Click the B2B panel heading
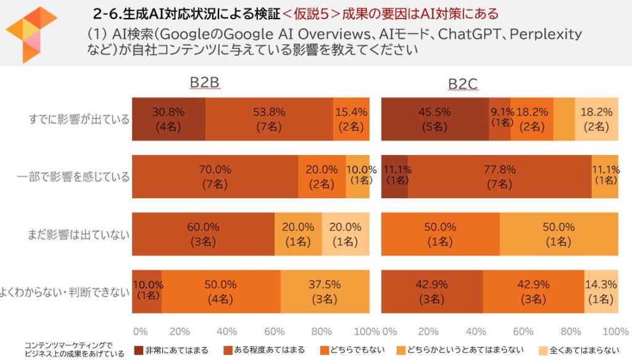[204, 83]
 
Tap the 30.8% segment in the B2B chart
[168, 119]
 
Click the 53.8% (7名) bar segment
[269, 119]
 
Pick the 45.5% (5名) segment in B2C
[435, 119]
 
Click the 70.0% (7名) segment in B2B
[215, 177]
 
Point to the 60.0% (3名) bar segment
[204, 234]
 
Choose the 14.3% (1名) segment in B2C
[601, 291]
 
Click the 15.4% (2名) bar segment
[351, 119]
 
